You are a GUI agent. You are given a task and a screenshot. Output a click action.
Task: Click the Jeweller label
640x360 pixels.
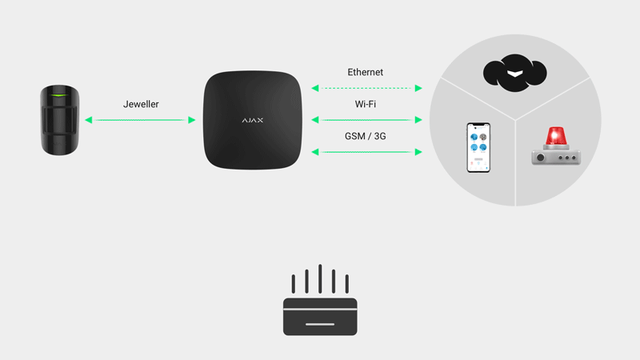[141, 104]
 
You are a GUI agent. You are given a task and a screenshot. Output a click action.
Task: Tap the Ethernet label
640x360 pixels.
[366, 72]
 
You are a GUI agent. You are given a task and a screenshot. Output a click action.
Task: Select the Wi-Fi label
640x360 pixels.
[366, 104]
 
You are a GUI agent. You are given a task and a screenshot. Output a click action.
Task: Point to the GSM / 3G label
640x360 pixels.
[366, 136]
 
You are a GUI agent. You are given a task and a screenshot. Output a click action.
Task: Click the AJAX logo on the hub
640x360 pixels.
[253, 121]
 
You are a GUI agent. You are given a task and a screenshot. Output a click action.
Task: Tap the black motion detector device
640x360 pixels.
[59, 120]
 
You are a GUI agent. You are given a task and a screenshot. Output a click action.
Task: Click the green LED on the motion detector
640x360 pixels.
[59, 95]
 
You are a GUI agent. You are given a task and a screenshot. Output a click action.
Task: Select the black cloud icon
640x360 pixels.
[515, 73]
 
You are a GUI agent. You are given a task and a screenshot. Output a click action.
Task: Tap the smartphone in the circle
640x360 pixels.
[478, 147]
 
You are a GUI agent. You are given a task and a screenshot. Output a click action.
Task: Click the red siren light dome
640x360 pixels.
[556, 136]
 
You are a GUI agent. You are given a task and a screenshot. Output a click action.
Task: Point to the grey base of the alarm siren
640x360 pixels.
[556, 157]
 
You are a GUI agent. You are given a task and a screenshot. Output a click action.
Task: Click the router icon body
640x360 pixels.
[320, 317]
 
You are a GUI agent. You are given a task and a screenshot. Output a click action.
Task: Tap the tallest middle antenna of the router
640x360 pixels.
[320, 278]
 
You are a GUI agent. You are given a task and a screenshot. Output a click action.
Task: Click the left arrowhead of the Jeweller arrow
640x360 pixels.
[89, 120]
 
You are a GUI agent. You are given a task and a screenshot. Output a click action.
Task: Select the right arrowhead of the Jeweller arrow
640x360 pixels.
[191, 120]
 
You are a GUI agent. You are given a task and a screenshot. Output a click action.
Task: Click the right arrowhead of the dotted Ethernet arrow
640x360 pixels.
[418, 88]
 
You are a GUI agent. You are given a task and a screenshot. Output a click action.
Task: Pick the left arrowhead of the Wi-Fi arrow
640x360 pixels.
[315, 120]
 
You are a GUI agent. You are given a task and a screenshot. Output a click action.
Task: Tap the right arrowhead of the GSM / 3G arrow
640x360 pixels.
[418, 152]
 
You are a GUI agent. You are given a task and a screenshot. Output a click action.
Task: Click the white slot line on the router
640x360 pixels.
[320, 325]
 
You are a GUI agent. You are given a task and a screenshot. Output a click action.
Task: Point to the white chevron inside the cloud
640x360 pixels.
[515, 74]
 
